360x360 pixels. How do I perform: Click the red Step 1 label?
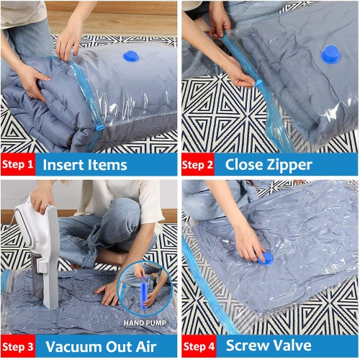18,165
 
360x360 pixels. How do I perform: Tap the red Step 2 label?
197,165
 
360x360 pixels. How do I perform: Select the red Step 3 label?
18,346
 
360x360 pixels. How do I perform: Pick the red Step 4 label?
197,346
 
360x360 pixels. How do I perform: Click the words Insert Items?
84,165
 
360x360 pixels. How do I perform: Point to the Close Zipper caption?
269,165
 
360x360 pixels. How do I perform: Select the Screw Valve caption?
269,346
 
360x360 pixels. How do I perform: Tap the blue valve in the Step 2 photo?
330,53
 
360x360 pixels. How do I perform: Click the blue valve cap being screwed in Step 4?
264,257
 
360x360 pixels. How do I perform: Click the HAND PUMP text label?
147,323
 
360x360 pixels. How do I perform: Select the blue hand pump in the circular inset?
144,288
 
